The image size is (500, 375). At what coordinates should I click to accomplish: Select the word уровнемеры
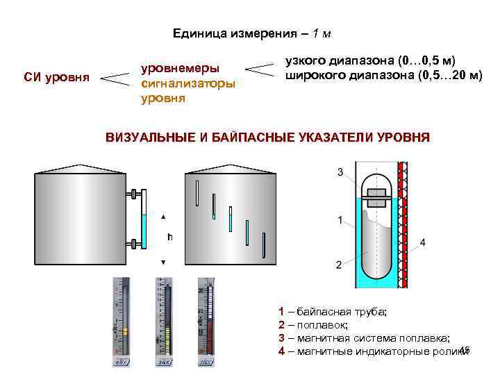181,69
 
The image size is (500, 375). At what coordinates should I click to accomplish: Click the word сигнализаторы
188,83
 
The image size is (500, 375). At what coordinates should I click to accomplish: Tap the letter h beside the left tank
169,237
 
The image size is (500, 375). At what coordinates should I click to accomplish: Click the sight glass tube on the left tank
144,218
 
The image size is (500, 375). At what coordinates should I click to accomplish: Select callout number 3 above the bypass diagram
340,172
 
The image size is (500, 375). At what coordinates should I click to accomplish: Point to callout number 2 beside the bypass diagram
338,265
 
